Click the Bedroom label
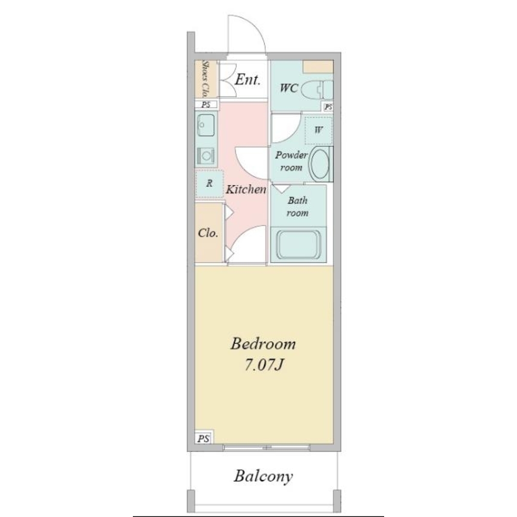point(263,344)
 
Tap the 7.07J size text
point(264,364)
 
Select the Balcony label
point(263,476)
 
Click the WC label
point(289,88)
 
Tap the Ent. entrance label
point(248,80)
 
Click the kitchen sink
point(206,125)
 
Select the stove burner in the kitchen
point(206,155)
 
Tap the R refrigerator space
point(209,184)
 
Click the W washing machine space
point(318,130)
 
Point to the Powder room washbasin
point(320,164)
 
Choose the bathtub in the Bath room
point(298,245)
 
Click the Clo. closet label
point(208,233)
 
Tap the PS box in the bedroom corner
point(203,437)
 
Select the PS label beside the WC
point(328,107)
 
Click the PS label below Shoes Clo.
point(206,104)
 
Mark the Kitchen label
point(246,189)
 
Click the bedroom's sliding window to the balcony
point(266,447)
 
